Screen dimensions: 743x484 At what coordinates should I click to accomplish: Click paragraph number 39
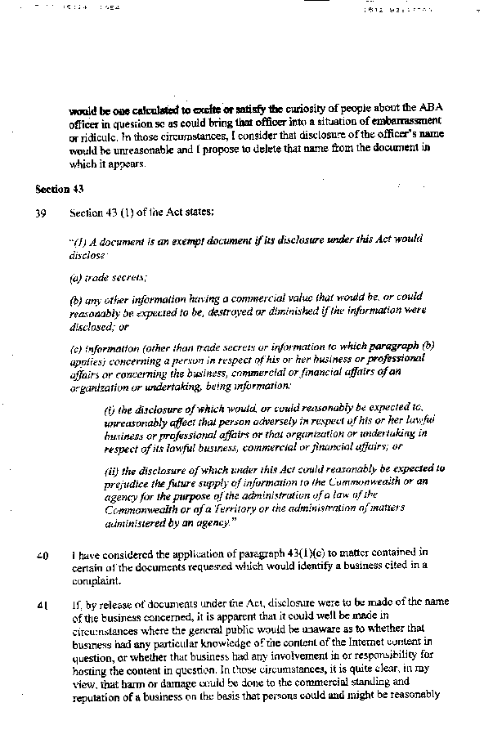pyautogui.click(x=41, y=213)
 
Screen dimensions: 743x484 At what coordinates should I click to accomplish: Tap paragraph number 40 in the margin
pyautogui.click(x=42, y=557)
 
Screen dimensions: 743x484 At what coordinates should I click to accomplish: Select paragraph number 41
pyautogui.click(x=42, y=605)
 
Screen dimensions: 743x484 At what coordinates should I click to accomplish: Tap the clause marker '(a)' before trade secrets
pyautogui.click(x=77, y=277)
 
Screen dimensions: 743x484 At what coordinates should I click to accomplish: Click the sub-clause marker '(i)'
pyautogui.click(x=110, y=408)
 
